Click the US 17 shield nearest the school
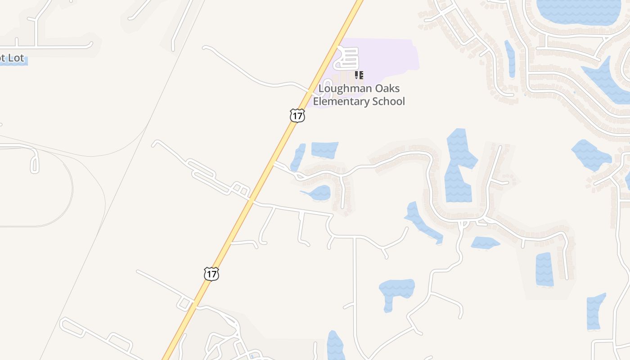297,116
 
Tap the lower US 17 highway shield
211,274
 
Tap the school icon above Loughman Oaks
359,75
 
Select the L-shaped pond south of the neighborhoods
395,290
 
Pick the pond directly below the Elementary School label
324,150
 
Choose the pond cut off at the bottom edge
335,346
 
